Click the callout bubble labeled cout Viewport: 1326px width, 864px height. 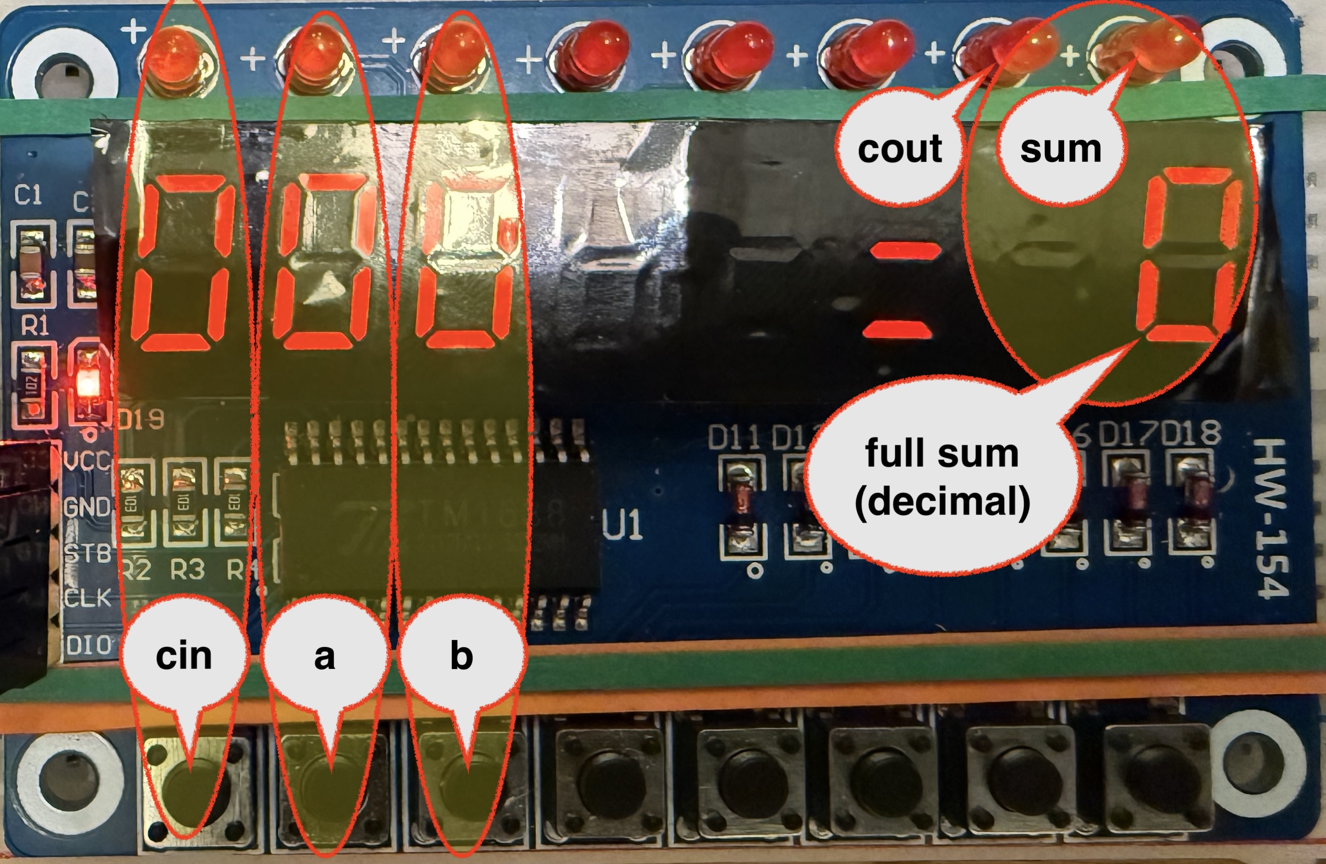(899, 149)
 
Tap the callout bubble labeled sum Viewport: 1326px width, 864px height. (1060, 149)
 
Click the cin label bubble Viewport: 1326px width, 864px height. (184, 656)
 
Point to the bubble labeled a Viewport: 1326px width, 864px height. (325, 656)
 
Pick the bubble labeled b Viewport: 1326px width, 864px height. (461, 656)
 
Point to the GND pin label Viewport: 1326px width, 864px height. (86, 507)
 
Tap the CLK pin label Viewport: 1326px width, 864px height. (87, 598)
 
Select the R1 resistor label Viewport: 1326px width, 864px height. (34, 325)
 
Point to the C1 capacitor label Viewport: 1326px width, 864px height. (28, 195)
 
